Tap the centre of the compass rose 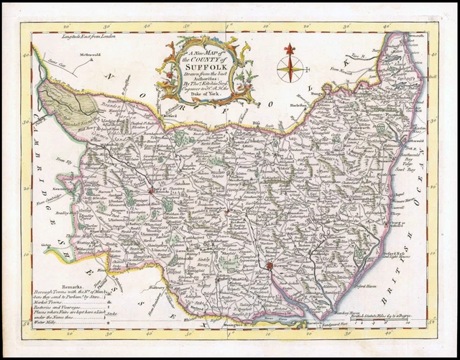pos(290,70)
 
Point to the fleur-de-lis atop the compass pos(290,49)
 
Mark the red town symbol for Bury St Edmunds pos(150,191)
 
